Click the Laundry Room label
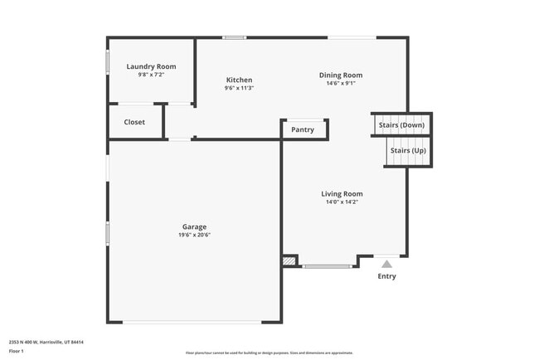click(151, 66)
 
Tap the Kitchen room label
click(239, 80)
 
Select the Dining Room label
click(341, 75)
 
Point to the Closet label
click(134, 122)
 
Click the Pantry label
click(303, 129)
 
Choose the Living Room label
click(342, 194)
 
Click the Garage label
click(195, 226)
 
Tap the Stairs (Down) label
click(401, 125)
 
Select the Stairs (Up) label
click(408, 150)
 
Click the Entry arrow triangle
click(386, 264)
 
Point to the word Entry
click(386, 276)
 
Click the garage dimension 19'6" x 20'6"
click(195, 235)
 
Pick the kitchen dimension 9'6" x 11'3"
click(239, 88)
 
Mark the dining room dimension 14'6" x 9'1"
click(341, 83)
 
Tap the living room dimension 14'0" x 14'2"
click(342, 202)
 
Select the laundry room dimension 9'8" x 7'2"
click(151, 75)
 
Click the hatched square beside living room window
click(289, 260)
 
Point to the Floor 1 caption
click(17, 351)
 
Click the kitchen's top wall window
click(235, 37)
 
